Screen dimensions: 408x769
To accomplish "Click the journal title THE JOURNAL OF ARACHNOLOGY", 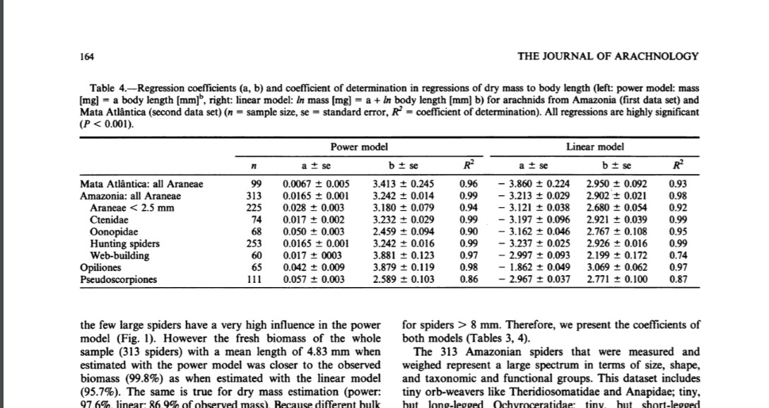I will [608, 56].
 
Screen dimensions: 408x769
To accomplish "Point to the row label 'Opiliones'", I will [100, 268].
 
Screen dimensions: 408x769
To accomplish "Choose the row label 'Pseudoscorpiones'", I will [118, 280].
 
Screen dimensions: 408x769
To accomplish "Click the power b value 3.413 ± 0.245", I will [403, 184].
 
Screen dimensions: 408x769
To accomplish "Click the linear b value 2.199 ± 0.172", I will [616, 256].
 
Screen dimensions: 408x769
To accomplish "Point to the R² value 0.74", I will [676, 256].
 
